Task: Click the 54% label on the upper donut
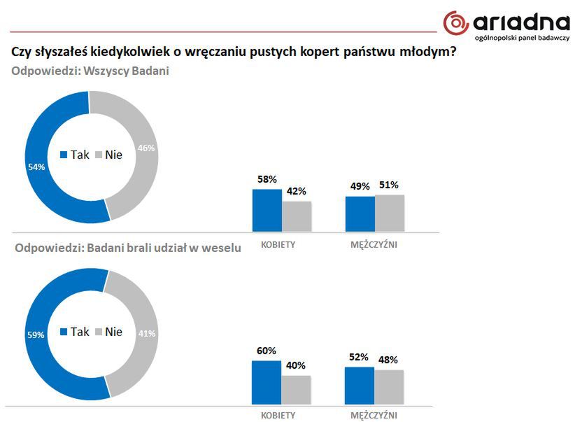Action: (x=36, y=167)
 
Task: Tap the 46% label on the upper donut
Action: (x=146, y=148)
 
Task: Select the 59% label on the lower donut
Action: (x=36, y=335)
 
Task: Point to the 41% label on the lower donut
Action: (x=146, y=334)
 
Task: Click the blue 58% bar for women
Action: (x=267, y=210)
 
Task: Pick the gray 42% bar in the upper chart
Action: (x=297, y=216)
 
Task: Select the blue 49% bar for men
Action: (x=360, y=213)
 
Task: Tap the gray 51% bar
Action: (x=390, y=213)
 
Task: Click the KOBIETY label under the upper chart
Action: (x=278, y=244)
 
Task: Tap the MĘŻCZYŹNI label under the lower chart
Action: (x=374, y=415)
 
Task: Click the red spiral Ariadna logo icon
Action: (x=456, y=22)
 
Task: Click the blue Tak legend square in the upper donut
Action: (x=64, y=155)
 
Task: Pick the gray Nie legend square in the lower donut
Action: (x=99, y=332)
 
